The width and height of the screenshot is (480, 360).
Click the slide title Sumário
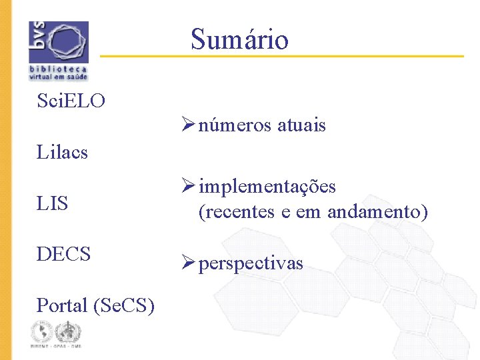239,39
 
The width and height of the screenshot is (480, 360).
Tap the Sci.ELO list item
71,101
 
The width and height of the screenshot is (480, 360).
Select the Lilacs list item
62,152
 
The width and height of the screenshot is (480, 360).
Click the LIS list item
53,203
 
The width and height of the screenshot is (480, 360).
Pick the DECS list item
63,254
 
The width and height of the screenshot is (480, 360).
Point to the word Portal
63,305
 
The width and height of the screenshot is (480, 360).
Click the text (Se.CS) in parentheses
125,305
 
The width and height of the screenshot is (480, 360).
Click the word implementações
267,187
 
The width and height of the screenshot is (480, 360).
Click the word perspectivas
251,263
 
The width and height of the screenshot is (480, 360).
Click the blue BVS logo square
59,42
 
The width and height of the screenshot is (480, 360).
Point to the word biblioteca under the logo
58,69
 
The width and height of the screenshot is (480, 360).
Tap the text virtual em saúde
58,77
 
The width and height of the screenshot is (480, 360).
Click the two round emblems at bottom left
55,332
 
